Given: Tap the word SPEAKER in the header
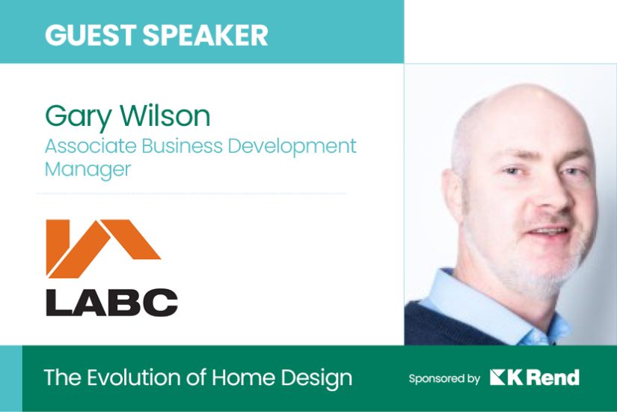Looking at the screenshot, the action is click(206, 34).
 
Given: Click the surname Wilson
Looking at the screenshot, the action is click(165, 115).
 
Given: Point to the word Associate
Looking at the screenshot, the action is click(90, 145).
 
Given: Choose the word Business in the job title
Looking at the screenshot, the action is click(182, 145).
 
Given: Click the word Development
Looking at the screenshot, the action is click(292, 147).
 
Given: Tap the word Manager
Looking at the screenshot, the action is click(88, 170).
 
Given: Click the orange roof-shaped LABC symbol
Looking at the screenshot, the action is click(103, 249).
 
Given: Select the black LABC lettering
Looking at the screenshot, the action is click(111, 303).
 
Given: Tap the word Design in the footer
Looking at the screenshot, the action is click(316, 378).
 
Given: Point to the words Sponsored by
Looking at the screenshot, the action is click(444, 379).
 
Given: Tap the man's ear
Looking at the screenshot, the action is click(452, 193).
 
